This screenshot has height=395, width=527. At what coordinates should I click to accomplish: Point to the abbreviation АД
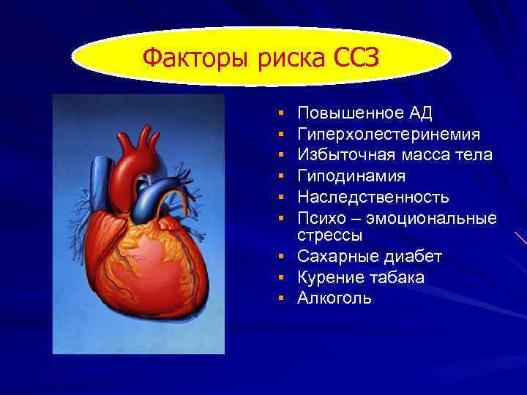tap(419, 113)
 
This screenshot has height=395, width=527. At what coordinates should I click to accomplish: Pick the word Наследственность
tap(373, 197)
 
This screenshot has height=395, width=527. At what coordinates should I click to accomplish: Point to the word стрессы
tap(330, 236)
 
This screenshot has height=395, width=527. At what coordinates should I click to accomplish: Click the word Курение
tap(330, 279)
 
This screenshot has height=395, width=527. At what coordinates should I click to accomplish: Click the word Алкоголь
tap(334, 298)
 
